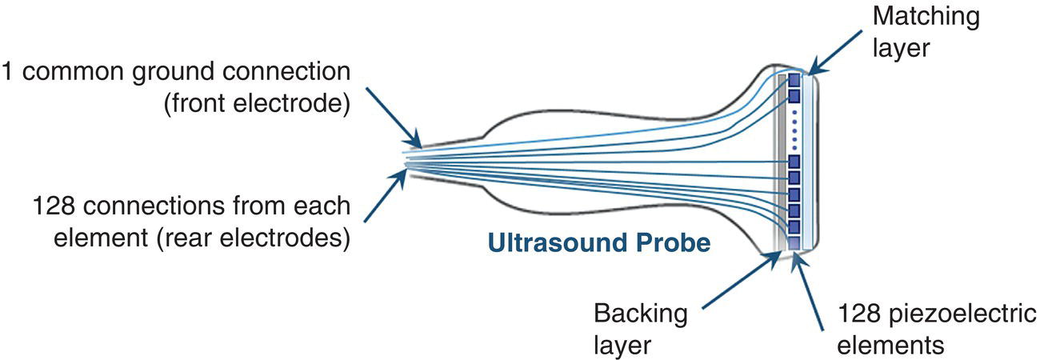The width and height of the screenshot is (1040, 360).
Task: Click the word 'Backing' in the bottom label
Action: [x=640, y=314]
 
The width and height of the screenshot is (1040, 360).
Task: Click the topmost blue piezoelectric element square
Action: [x=794, y=81]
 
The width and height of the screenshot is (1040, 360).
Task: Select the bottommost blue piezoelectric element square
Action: [x=794, y=242]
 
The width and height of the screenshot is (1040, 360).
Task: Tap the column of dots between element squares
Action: [x=794, y=130]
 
